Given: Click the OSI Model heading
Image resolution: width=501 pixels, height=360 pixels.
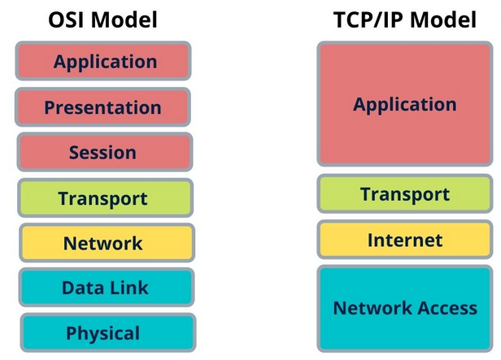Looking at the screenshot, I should [102, 20].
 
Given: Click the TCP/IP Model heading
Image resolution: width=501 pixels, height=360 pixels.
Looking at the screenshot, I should [403, 20].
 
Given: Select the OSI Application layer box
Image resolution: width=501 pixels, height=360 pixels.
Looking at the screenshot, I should [102, 61].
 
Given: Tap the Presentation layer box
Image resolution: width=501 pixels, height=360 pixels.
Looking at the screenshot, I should [103, 106].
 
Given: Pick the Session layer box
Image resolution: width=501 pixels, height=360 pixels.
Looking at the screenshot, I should [104, 152].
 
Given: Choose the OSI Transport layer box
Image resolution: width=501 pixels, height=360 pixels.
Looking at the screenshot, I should [104, 197].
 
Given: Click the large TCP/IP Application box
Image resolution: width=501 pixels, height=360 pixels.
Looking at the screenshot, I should [404, 104].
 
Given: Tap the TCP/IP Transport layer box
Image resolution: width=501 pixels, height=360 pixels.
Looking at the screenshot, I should [404, 194].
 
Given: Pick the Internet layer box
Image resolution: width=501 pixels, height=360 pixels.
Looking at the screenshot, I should [404, 240].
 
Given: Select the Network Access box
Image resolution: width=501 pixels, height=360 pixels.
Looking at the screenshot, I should [404, 307].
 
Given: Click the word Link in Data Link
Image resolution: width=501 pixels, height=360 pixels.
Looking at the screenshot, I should [129, 287].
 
